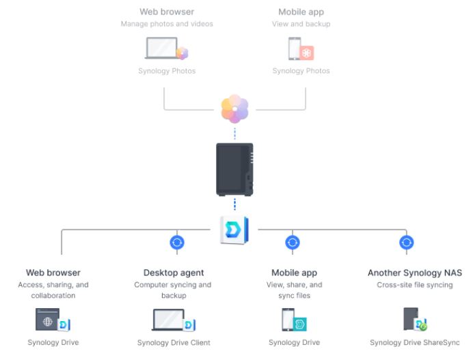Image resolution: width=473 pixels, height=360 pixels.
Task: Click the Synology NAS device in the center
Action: click(234, 169)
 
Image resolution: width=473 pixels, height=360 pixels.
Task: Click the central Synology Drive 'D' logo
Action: click(234, 230)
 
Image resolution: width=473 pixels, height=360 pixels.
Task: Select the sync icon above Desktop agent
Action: click(177, 242)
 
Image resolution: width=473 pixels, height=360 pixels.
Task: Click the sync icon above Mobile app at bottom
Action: click(293, 242)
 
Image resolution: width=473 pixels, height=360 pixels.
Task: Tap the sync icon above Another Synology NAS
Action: click(406, 242)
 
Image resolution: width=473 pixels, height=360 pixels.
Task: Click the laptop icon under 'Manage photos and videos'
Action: click(161, 49)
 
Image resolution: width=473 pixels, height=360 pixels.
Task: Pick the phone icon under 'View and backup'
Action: click(293, 49)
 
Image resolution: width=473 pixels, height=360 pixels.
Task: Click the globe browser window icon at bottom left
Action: click(47, 319)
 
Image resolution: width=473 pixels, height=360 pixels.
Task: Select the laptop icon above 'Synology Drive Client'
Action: click(168, 320)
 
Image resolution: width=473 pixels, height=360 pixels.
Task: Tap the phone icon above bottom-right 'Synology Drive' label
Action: click(288, 320)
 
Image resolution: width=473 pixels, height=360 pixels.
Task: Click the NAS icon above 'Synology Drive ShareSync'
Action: click(411, 319)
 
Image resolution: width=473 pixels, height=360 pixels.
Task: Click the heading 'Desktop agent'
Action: click(174, 273)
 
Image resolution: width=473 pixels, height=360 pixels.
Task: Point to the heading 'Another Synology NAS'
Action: click(414, 273)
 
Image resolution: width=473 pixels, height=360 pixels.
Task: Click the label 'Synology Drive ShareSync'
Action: click(414, 342)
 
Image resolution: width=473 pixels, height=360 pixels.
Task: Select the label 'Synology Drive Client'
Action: click(174, 342)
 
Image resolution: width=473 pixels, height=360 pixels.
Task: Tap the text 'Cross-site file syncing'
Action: click(414, 284)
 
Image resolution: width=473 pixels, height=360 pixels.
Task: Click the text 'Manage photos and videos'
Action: click(167, 24)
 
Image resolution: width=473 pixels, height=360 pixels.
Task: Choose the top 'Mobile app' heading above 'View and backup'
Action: click(301, 12)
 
